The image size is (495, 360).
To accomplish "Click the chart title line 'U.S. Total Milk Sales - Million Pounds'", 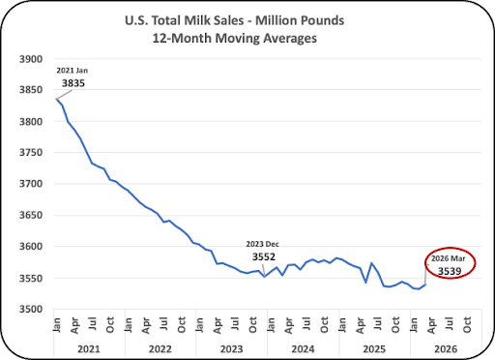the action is tap(234, 20).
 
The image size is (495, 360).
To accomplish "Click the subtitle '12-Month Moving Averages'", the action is tap(234, 39).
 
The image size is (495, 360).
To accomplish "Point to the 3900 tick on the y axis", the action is tap(31, 59).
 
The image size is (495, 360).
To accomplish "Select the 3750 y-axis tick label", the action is tap(31, 152).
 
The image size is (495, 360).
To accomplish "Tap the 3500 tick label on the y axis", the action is tap(31, 309).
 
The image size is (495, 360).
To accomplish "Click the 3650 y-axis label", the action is tap(31, 215).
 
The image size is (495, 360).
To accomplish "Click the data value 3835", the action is tap(73, 83).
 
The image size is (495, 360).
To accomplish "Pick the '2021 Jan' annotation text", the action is tap(72, 71).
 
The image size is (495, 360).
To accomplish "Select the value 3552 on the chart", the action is tap(264, 257).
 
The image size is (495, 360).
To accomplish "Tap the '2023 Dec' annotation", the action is tap(262, 244).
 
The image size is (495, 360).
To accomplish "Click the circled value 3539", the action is tap(450, 271).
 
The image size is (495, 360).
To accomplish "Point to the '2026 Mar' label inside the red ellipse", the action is tap(449, 258).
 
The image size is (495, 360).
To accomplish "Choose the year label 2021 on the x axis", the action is tap(89, 349).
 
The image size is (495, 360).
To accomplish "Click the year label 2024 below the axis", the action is tap(303, 349).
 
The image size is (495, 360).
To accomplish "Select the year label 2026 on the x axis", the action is tap(446, 349).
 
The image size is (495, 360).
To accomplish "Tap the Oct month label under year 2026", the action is tap(467, 324).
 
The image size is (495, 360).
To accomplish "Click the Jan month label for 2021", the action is tap(57, 325).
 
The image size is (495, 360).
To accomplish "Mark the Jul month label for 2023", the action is tap(235, 323).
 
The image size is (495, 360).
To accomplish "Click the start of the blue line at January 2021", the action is tap(57, 99).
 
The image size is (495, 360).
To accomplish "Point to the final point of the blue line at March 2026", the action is tap(425, 285).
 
